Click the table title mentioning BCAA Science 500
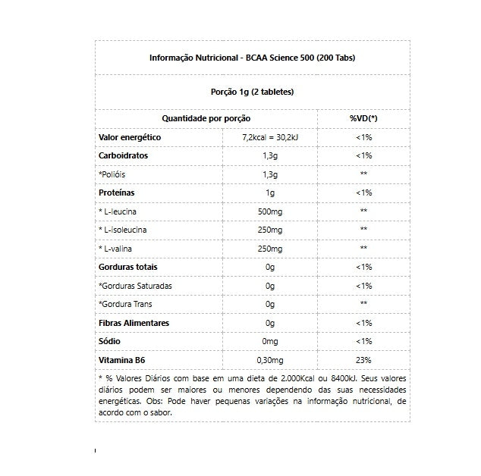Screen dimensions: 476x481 [x=252, y=58]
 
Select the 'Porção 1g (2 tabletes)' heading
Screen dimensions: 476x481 [x=252, y=92]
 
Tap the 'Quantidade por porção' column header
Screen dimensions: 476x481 [x=206, y=118]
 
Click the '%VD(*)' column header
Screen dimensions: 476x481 [x=363, y=118]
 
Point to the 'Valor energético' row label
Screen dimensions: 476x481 [x=130, y=137]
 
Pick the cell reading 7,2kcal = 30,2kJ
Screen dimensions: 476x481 [x=269, y=137]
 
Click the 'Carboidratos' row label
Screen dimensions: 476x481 [x=124, y=155]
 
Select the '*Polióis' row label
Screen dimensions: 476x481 [x=113, y=174]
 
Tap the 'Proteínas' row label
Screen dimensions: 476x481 [x=118, y=193]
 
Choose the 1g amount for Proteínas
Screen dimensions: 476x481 [x=269, y=193]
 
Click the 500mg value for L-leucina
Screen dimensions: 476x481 [x=269, y=211]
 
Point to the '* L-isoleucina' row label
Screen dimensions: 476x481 [x=127, y=229]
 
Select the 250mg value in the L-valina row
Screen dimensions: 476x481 [x=269, y=248]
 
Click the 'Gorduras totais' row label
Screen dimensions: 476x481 [x=128, y=267]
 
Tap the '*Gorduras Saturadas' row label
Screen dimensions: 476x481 [x=136, y=286]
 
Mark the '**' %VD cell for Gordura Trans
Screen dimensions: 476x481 [x=363, y=304]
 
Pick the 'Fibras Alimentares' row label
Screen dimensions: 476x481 [x=134, y=323]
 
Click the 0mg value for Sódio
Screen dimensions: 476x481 [x=269, y=342]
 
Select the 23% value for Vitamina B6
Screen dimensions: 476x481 [x=363, y=360]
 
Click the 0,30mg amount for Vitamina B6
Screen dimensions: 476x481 [x=269, y=360]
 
